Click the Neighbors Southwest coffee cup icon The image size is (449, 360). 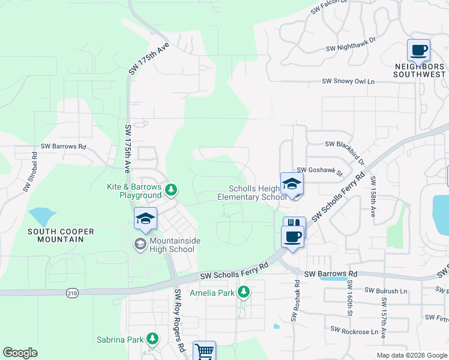[x=418, y=50]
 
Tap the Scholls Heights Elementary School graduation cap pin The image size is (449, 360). [x=292, y=184]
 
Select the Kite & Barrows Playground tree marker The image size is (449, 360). [x=172, y=190]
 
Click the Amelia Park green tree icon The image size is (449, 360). [x=243, y=292]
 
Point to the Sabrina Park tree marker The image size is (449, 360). [x=152, y=339]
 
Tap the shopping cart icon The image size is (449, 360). [x=204, y=351]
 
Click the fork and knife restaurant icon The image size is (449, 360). [x=294, y=224]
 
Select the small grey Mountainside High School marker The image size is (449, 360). [x=139, y=243]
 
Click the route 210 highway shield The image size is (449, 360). [x=72, y=292]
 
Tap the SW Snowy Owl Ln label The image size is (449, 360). [x=348, y=81]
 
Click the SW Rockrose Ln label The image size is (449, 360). [x=358, y=329]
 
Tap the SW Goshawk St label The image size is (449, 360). [x=319, y=170]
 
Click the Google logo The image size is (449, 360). [x=20, y=353]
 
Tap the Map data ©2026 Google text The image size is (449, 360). [x=411, y=355]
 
